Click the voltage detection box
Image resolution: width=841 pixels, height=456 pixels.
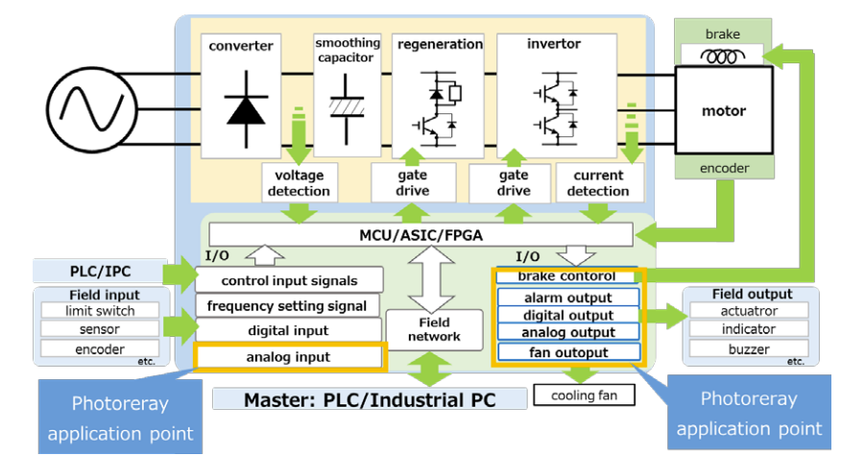(x=300, y=182)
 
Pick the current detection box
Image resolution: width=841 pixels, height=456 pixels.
(x=598, y=182)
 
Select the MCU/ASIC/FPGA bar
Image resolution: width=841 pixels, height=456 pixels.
(x=420, y=234)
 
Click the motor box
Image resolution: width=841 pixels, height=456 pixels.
(x=723, y=110)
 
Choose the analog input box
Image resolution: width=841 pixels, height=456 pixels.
(x=289, y=357)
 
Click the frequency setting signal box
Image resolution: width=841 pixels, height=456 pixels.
(x=288, y=306)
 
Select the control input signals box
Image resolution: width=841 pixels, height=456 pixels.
(x=288, y=280)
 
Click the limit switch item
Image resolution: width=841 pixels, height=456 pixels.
(x=100, y=311)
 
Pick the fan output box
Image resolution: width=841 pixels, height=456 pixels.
(x=568, y=351)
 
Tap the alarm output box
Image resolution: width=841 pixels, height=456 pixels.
(x=568, y=298)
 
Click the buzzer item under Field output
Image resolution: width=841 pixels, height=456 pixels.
(x=748, y=348)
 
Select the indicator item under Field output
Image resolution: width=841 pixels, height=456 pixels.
(x=748, y=329)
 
